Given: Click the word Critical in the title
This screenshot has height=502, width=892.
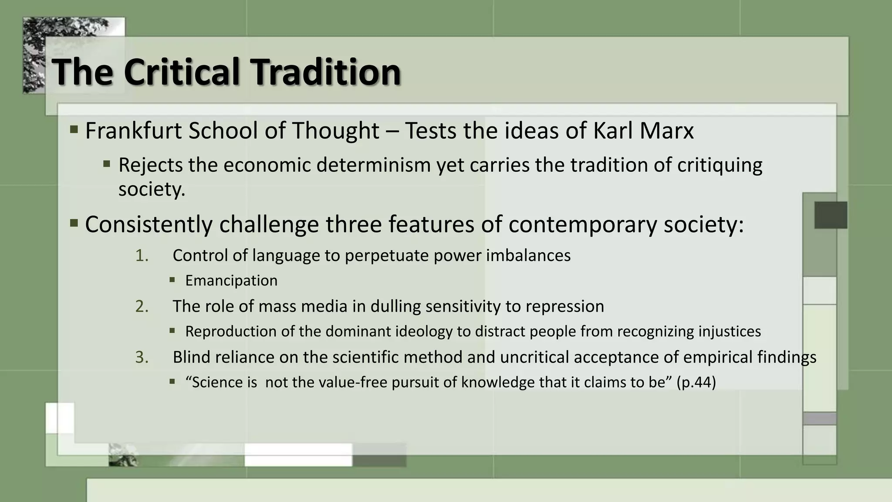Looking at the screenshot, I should click(182, 72).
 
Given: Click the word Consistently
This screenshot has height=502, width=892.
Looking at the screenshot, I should click(149, 224).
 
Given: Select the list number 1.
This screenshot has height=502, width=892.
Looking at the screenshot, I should click(142, 256).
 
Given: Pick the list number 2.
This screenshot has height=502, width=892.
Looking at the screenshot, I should click(142, 306).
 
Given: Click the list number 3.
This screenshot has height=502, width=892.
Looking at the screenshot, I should click(142, 357).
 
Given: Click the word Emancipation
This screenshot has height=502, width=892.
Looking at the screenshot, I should click(231, 281).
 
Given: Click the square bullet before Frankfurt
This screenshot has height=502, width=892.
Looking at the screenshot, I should click(74, 129).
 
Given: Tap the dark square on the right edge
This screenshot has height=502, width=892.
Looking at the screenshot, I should click(831, 215).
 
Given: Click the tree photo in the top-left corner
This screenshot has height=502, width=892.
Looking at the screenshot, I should click(34, 54).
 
